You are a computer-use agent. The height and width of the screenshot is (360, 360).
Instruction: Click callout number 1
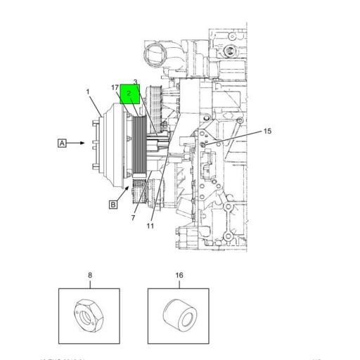[88, 92]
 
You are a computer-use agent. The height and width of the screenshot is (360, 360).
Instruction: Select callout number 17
[114, 87]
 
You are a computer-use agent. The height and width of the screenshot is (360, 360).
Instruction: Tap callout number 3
[135, 82]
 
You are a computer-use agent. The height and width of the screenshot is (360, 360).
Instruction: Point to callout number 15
[267, 131]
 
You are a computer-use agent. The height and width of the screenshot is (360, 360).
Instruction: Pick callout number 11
[150, 226]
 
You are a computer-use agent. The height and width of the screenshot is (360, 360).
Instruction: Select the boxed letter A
[62, 143]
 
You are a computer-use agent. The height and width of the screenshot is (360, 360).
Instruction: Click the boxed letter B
[112, 205]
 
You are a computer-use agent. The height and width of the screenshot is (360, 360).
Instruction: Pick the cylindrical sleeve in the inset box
[179, 316]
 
